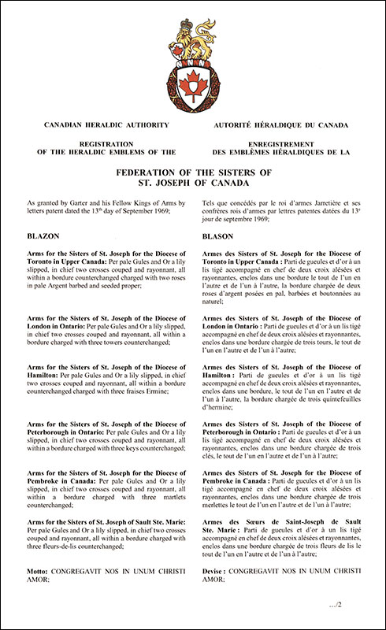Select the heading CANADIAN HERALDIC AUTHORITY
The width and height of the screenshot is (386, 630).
(98, 125)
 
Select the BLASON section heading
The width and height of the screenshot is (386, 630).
(218, 235)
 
